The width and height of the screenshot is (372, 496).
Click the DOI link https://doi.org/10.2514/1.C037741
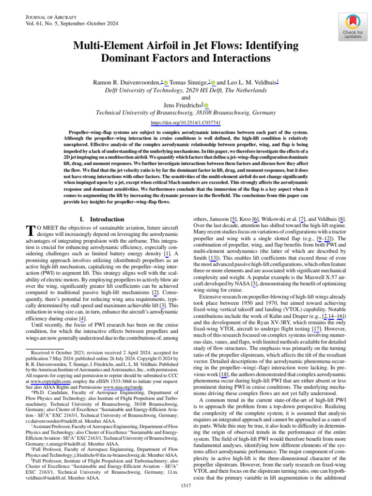(186, 123)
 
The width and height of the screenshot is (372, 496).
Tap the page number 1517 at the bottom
(186, 485)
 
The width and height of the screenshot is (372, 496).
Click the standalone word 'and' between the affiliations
(186, 97)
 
